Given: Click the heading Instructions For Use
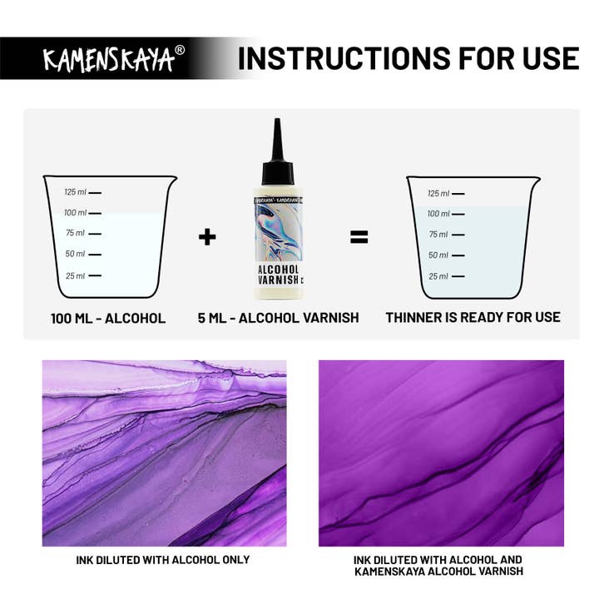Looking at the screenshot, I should click(x=408, y=58).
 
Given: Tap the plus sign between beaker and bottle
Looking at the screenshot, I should click(x=207, y=237).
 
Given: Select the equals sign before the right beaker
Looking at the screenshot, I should click(x=359, y=237).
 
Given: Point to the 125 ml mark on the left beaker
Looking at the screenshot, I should click(x=83, y=192).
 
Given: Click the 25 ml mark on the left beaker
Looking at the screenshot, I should click(x=83, y=275).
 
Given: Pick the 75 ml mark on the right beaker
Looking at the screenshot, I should click(x=446, y=235).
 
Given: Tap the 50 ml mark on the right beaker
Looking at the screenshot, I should click(x=446, y=255).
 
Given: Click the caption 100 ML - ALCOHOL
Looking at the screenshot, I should click(x=108, y=318).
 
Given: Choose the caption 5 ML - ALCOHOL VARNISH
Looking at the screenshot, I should click(x=279, y=318).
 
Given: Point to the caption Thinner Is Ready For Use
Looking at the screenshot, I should click(x=473, y=317).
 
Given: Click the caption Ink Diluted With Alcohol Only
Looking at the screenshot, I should click(x=162, y=559).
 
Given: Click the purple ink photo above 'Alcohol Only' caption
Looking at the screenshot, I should click(x=164, y=453).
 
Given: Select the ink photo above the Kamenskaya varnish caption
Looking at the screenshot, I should click(x=441, y=453).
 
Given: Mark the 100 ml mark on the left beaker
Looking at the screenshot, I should click(x=83, y=213).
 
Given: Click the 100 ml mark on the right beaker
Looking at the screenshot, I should click(x=446, y=214).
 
